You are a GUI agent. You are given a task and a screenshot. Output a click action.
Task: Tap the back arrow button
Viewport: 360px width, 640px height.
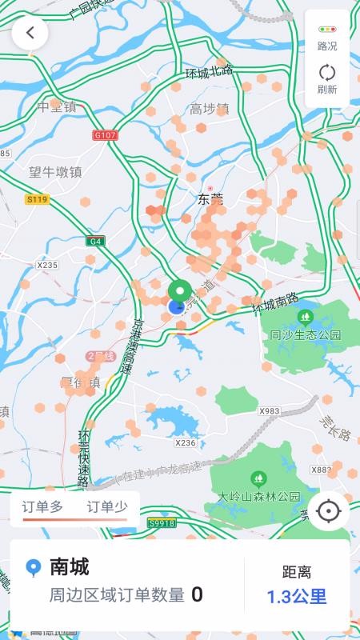pyautogui.click(x=30, y=33)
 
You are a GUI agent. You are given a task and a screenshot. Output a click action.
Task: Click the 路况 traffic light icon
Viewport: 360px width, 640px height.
pyautogui.click(x=327, y=29)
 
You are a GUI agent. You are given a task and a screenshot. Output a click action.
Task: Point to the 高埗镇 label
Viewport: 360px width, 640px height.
pyautogui.click(x=210, y=109)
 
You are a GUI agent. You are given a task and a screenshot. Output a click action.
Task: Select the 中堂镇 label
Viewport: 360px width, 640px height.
pyautogui.click(x=56, y=106)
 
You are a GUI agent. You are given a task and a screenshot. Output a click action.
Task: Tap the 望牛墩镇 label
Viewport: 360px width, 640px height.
pyautogui.click(x=56, y=172)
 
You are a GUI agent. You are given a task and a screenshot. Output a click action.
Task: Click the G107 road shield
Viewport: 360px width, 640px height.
pyautogui.click(x=105, y=135)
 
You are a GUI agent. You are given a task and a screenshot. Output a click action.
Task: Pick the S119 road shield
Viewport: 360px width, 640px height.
pyautogui.click(x=37, y=199)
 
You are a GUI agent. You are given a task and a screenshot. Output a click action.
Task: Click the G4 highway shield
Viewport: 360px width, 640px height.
pyautogui.click(x=96, y=241)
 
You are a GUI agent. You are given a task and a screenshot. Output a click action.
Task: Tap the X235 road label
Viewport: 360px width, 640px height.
pyautogui.click(x=48, y=265)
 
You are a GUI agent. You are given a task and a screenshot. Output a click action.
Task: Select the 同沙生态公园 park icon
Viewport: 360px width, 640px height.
pyautogui.click(x=304, y=316)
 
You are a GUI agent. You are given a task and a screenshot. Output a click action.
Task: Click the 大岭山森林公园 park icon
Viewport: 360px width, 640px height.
pyautogui.click(x=258, y=478)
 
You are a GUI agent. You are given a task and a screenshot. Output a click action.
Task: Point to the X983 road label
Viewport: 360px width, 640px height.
pyautogui.click(x=270, y=410)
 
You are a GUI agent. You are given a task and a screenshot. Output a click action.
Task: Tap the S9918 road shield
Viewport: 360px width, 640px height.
pyautogui.click(x=161, y=523)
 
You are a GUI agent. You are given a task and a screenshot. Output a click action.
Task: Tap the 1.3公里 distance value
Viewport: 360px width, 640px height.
pyautogui.click(x=297, y=596)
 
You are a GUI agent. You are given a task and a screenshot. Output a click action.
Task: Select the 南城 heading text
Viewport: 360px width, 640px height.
pyautogui.click(x=70, y=567)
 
